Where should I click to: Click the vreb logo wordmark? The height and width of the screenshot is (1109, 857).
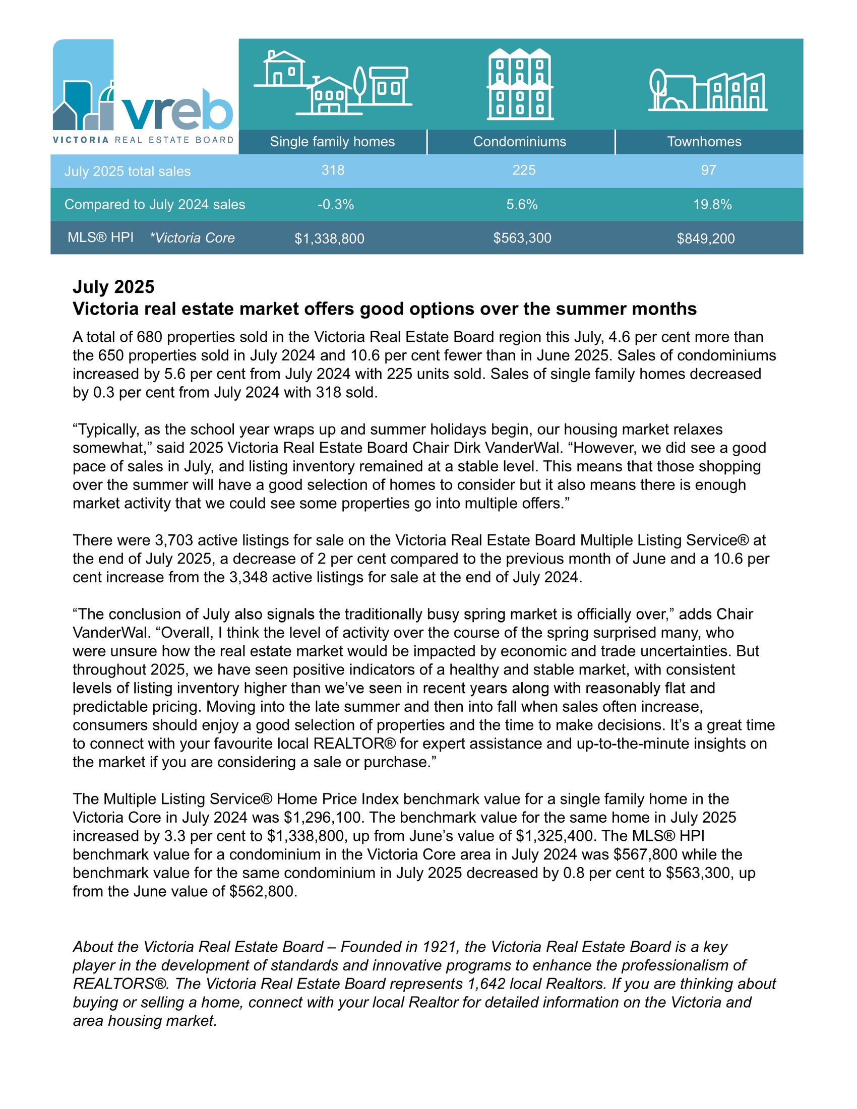[x=176, y=109]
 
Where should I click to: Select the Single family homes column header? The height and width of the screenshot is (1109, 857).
[x=332, y=142]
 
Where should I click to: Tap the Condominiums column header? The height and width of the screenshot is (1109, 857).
[x=519, y=142]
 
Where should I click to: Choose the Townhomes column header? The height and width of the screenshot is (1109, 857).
[x=704, y=142]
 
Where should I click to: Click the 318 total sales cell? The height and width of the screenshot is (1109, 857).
[x=333, y=170]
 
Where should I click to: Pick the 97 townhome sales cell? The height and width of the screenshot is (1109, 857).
[x=708, y=170]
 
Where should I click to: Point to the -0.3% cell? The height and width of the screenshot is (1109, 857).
[x=336, y=205]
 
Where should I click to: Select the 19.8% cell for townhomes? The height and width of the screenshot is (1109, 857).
[x=712, y=205]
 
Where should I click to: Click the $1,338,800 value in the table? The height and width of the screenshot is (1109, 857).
[x=329, y=238]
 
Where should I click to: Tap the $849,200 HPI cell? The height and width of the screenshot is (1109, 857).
[x=705, y=238]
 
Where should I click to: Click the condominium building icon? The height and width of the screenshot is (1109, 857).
[x=520, y=84]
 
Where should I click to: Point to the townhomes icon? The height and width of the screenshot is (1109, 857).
[x=707, y=91]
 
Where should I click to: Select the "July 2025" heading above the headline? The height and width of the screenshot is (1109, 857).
[x=113, y=287]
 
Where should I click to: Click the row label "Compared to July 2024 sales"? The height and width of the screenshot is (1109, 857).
[x=154, y=205]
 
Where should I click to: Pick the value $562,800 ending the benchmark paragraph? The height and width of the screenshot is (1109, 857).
[x=262, y=892]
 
